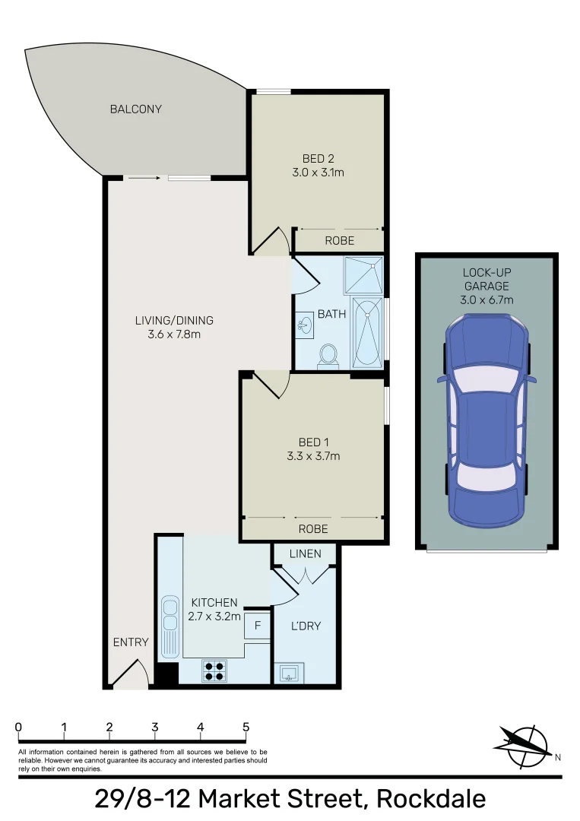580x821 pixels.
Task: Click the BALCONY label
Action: [135, 109]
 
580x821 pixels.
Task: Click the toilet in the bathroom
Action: [329, 356]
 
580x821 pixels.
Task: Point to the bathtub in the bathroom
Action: [369, 333]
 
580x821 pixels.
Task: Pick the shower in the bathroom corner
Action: [363, 275]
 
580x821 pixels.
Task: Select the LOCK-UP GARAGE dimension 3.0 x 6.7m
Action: [487, 300]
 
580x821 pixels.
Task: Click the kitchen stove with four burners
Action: [214, 670]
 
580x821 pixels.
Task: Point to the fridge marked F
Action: [257, 626]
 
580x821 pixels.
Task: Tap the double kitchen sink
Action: [170, 621]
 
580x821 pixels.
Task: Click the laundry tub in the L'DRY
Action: [290, 673]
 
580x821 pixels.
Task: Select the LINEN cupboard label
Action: [306, 553]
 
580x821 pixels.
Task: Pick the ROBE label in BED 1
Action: [313, 528]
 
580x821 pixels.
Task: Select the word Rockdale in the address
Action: [431, 799]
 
